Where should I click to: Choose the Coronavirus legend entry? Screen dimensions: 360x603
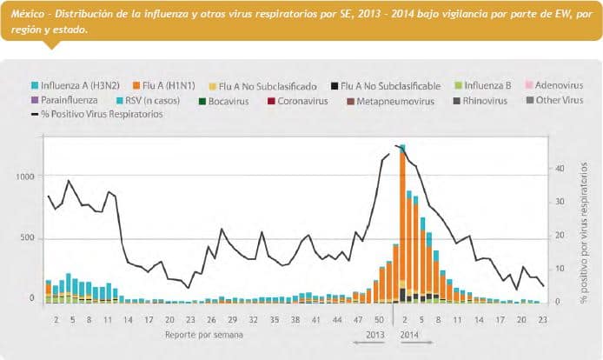coord(303,101)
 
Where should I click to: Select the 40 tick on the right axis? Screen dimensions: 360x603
coord(560,168)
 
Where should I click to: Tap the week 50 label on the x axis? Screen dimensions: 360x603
coord(379,319)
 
